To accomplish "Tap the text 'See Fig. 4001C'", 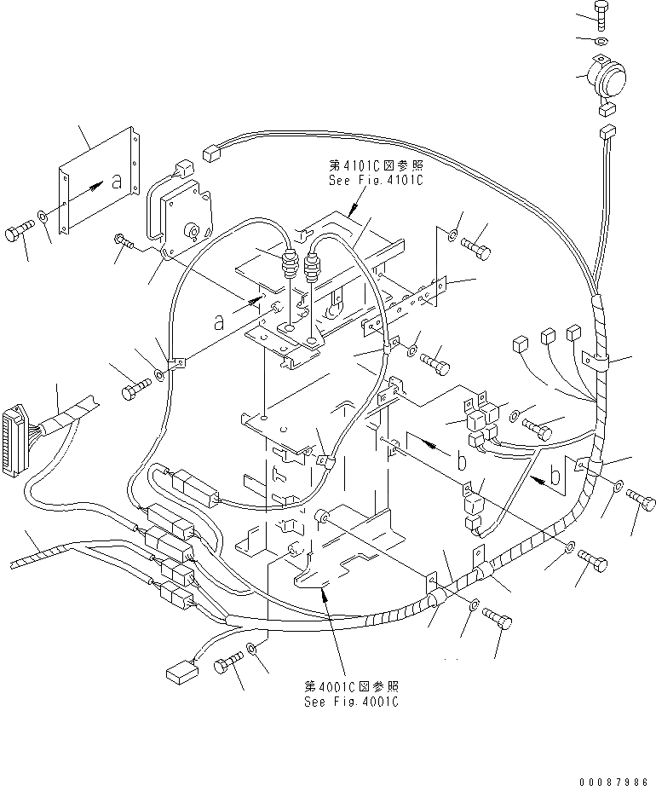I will point(350,702).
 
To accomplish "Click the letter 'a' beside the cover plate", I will point(116,181).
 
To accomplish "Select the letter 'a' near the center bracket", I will point(220,322).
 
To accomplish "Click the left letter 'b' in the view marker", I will point(461,462).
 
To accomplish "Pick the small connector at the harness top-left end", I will point(210,154).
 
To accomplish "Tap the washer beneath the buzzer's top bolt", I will point(601,41).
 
